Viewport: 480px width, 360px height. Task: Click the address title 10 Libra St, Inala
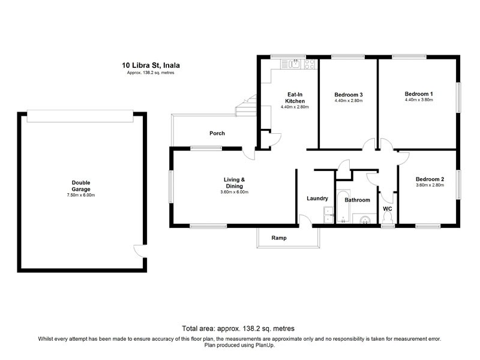point(151,65)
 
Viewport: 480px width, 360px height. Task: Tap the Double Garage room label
point(81,186)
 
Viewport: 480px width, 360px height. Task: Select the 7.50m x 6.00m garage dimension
point(81,195)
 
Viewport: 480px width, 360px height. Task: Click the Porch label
point(217,133)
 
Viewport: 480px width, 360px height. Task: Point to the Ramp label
point(279,238)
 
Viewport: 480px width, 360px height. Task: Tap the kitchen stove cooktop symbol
point(310,64)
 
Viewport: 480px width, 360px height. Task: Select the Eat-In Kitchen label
point(295,98)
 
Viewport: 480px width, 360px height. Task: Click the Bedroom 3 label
point(349,95)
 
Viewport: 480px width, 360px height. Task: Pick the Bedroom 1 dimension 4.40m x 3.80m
point(419,100)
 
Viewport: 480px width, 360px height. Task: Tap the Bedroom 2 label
point(430,179)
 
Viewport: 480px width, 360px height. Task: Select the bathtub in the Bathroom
point(343,206)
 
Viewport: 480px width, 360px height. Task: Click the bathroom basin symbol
point(365,219)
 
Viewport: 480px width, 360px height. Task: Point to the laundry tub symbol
point(328,215)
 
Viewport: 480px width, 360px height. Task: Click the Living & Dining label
point(234,183)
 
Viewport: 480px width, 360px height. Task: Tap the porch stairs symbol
point(246,106)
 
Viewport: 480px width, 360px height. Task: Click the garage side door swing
point(139,251)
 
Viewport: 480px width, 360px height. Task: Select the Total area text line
point(238,328)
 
